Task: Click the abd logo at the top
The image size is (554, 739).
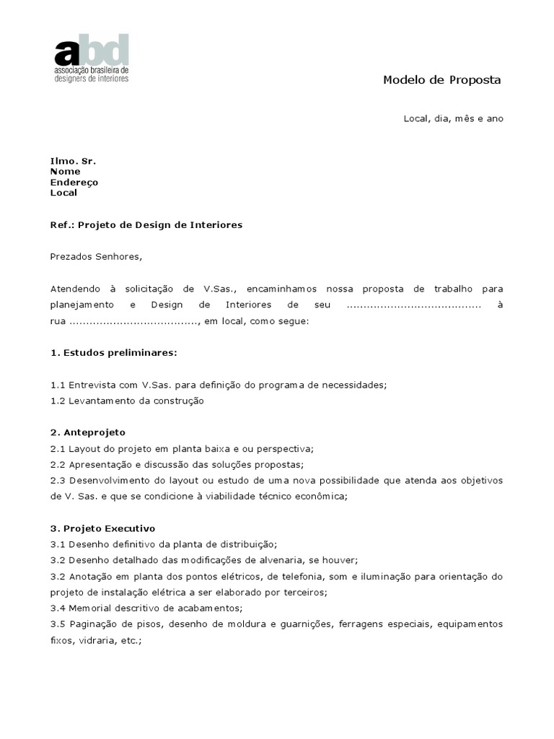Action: [x=92, y=58]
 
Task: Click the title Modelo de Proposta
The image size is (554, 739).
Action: [x=441, y=80]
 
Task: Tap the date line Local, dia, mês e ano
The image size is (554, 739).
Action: [x=453, y=118]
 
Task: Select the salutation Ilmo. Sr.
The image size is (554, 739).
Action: [x=73, y=161]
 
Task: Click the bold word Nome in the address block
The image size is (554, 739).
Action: [x=65, y=172]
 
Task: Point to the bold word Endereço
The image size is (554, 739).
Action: [x=74, y=183]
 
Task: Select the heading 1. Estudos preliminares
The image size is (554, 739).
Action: [x=113, y=354]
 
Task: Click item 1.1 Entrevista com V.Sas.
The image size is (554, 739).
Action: [x=219, y=385]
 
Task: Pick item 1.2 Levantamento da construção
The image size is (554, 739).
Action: [x=127, y=401]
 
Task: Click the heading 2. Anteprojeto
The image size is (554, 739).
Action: [x=88, y=432]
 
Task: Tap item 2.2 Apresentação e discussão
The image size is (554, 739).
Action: [x=187, y=464]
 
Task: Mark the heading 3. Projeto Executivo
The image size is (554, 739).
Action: [x=102, y=528]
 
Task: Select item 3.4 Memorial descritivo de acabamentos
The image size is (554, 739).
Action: [x=146, y=608]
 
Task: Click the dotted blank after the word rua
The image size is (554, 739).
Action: [x=134, y=323]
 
